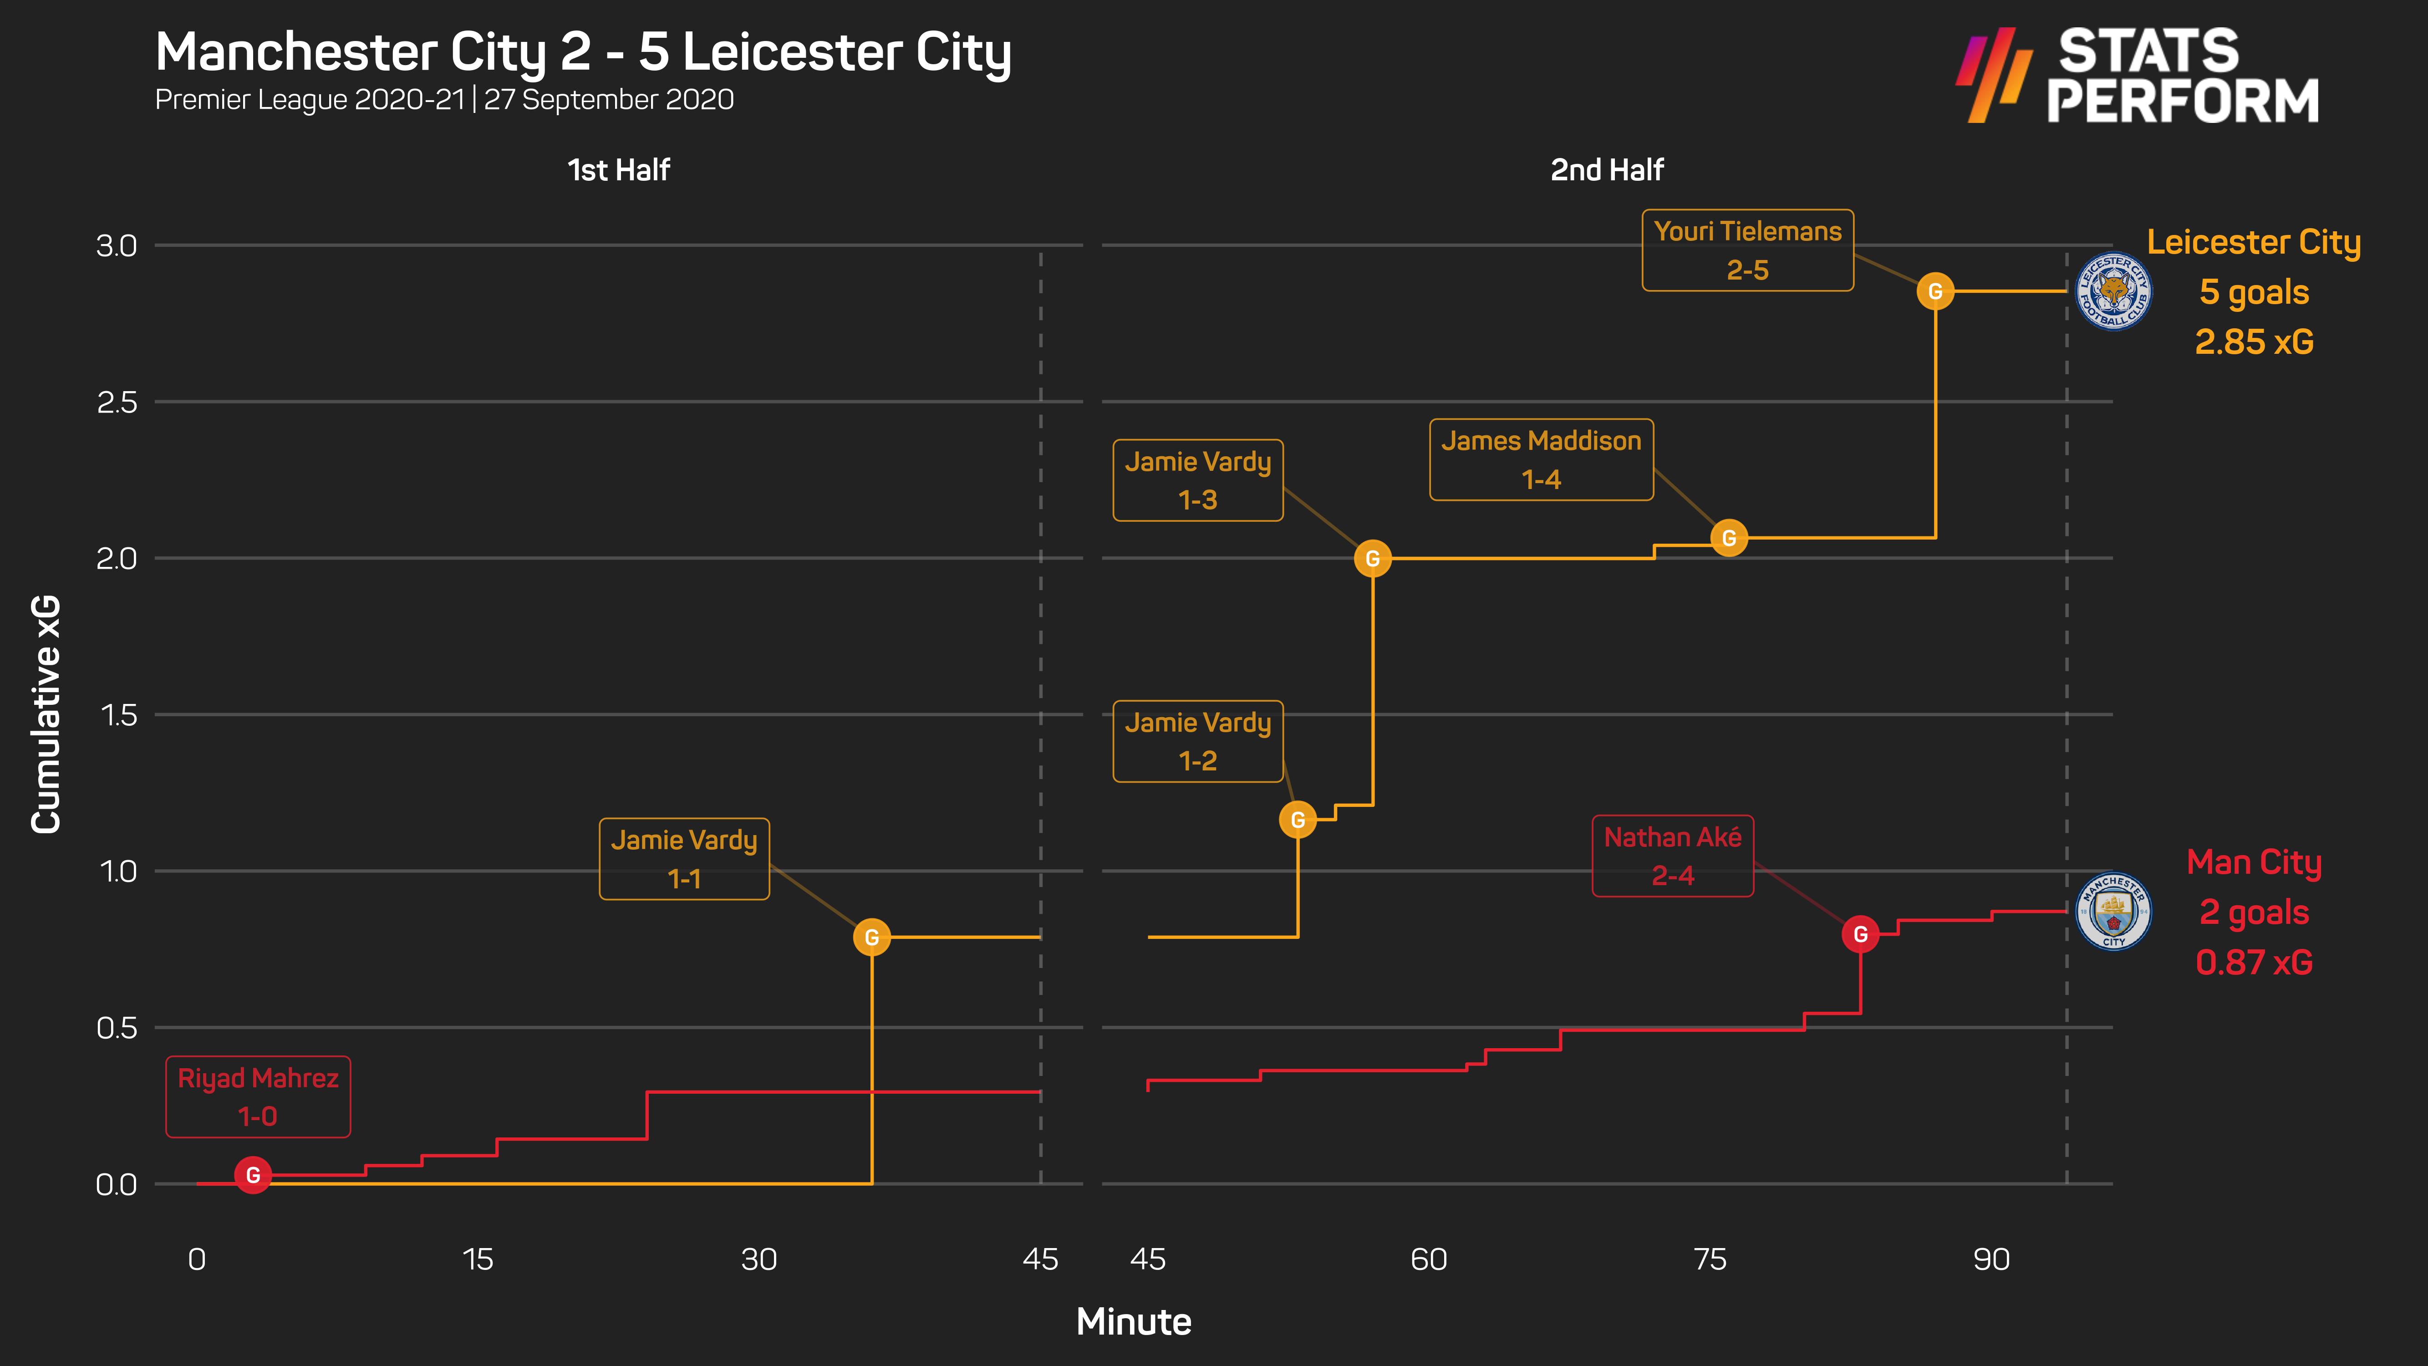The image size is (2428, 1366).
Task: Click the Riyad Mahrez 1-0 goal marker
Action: click(253, 1175)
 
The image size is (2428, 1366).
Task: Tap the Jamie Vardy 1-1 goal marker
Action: click(872, 937)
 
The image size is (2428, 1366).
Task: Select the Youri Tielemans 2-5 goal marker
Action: click(1935, 291)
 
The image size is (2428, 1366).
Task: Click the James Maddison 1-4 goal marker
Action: click(1729, 538)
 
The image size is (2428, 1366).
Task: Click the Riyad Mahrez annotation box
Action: click(258, 1096)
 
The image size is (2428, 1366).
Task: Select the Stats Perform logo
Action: click(2138, 76)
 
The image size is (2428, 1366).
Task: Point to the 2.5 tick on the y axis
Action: click(117, 403)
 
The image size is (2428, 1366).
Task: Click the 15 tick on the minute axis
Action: click(478, 1259)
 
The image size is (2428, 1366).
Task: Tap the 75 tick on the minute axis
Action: click(1710, 1259)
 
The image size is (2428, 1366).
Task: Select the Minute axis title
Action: click(1134, 1322)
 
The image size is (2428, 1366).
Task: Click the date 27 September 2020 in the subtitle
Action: click(609, 100)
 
